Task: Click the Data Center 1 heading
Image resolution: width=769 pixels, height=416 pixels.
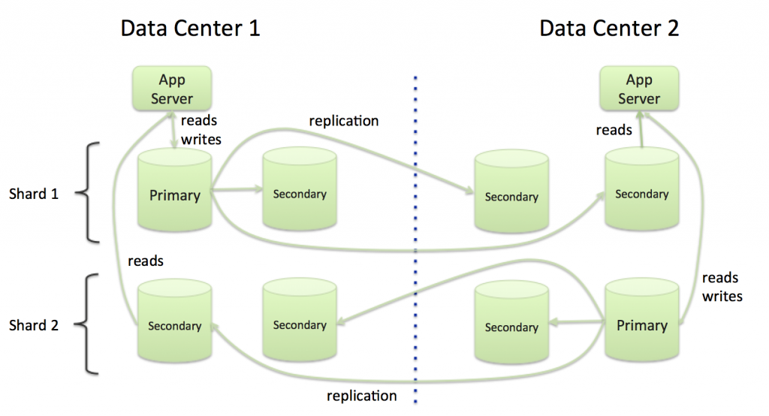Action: [x=191, y=29]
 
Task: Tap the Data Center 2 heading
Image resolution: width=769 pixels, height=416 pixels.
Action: [x=609, y=29]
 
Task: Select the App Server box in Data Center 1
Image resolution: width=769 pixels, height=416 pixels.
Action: [x=171, y=89]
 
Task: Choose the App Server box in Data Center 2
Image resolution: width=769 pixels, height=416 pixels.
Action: [x=638, y=89]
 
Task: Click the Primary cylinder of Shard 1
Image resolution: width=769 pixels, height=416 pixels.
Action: [x=175, y=195]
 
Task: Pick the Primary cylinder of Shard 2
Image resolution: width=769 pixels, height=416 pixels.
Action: [x=641, y=325]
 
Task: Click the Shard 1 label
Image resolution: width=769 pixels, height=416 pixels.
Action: [x=34, y=194]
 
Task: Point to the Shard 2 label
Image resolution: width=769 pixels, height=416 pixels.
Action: [x=34, y=325]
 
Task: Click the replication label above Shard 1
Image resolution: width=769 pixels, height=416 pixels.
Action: [x=344, y=120]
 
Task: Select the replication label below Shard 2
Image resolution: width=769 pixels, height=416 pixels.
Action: [x=362, y=395]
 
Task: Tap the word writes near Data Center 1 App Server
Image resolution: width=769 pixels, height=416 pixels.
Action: [x=201, y=140]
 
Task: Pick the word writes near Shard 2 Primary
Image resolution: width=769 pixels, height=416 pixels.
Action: [x=722, y=296]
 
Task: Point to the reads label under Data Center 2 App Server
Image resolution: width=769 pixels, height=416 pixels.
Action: [x=614, y=130]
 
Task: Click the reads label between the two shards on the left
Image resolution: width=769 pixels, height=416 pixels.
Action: [x=146, y=261]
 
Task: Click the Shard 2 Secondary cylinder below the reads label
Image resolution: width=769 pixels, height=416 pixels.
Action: [x=175, y=325]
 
